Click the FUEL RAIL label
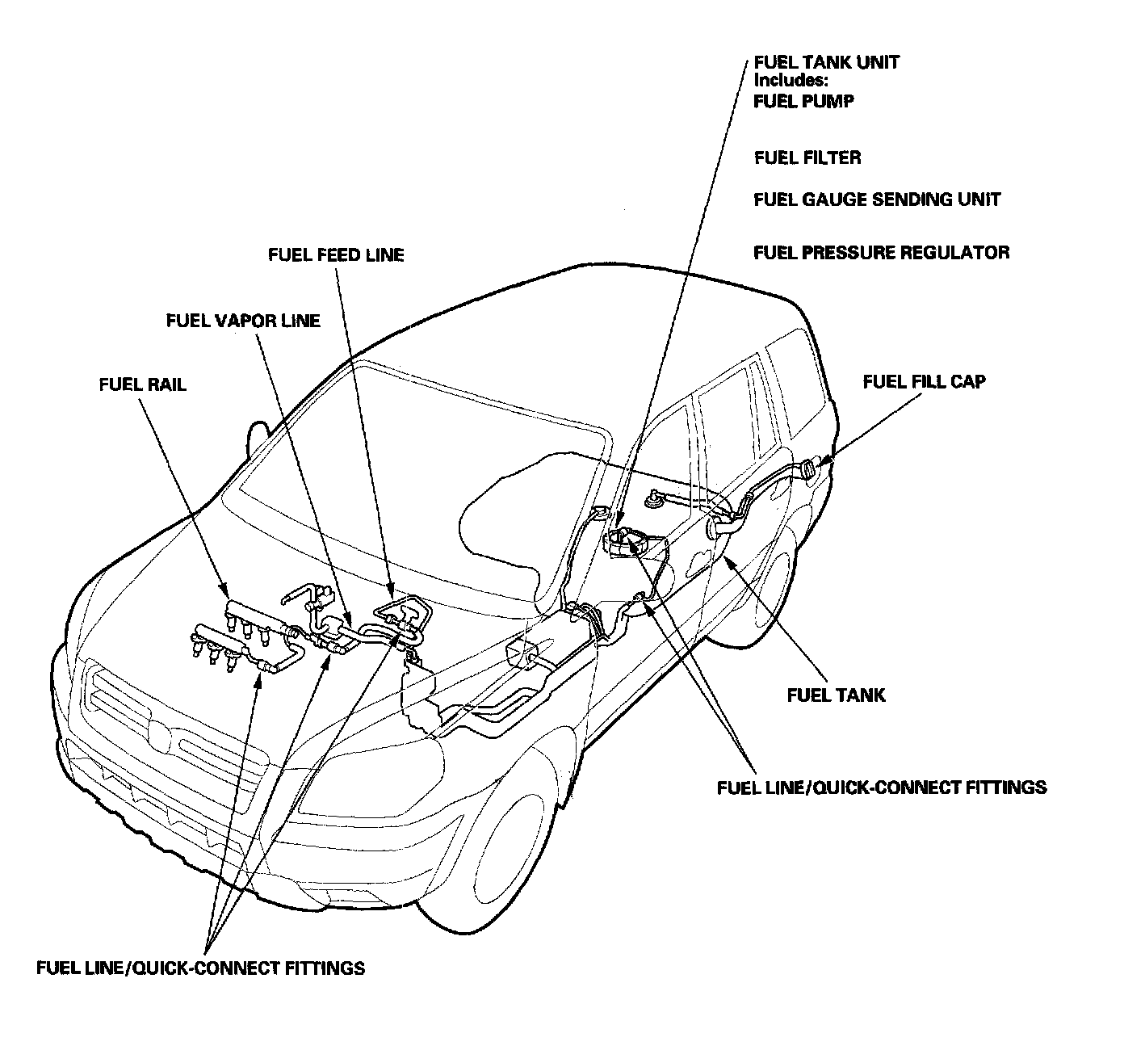click(x=142, y=384)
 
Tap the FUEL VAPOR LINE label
click(x=243, y=321)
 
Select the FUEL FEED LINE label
click(x=336, y=255)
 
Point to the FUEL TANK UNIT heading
click(x=826, y=62)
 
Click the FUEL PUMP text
click(x=803, y=102)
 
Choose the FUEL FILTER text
click(x=807, y=157)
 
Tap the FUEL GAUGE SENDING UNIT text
click(x=877, y=199)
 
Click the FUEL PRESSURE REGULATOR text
click(x=881, y=253)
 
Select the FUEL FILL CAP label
click(x=924, y=381)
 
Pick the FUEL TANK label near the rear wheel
click(x=836, y=695)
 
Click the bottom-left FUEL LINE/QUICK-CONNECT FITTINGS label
click(x=200, y=968)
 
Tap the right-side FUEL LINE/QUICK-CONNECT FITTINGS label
click(x=882, y=787)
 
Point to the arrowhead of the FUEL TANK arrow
click(x=724, y=557)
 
